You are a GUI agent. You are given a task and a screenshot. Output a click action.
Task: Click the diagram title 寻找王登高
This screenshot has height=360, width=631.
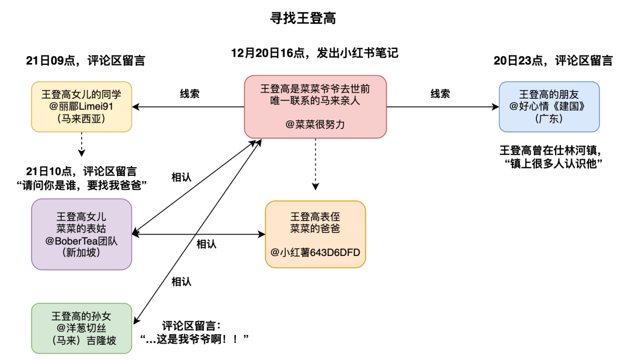tap(303, 18)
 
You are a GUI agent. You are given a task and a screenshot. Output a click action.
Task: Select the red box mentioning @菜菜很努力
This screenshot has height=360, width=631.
tap(315, 107)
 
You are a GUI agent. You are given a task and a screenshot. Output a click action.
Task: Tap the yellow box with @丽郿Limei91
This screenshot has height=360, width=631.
tap(82, 107)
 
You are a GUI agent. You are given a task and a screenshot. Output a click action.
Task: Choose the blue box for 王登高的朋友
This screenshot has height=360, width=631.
tap(549, 107)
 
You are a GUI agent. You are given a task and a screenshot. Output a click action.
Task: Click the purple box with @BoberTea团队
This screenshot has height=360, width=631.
tap(82, 234)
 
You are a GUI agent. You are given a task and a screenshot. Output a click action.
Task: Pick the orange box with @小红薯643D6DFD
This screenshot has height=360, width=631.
tap(315, 234)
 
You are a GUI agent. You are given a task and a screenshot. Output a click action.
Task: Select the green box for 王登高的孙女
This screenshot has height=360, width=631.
tap(82, 328)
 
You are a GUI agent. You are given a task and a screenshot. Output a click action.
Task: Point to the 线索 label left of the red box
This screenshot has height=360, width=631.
tap(189, 94)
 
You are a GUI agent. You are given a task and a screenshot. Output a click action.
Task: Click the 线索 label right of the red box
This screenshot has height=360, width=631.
tap(441, 94)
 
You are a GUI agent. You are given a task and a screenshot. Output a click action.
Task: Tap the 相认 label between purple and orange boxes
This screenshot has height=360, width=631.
tap(206, 244)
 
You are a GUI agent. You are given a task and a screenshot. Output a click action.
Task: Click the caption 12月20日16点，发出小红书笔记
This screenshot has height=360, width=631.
tap(315, 53)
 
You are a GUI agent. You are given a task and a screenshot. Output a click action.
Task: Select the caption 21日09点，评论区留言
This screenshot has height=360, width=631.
tap(85, 60)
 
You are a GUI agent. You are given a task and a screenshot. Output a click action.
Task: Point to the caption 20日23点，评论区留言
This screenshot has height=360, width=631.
tap(553, 60)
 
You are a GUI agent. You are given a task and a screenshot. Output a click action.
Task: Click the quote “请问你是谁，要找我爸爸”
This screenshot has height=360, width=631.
tap(82, 185)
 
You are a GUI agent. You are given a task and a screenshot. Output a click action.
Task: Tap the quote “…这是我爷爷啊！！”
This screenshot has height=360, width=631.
tap(195, 339)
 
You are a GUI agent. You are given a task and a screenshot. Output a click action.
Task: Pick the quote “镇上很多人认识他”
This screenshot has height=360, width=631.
tap(553, 164)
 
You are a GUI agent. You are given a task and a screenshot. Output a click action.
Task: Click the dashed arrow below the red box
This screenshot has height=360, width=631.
tap(315, 164)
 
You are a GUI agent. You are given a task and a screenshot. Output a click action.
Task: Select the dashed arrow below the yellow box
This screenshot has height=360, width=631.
tap(82, 144)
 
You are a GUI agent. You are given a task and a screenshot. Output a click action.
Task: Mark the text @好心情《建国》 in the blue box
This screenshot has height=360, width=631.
tap(549, 106)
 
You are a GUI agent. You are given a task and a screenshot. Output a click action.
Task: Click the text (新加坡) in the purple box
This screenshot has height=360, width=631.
tap(82, 252)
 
